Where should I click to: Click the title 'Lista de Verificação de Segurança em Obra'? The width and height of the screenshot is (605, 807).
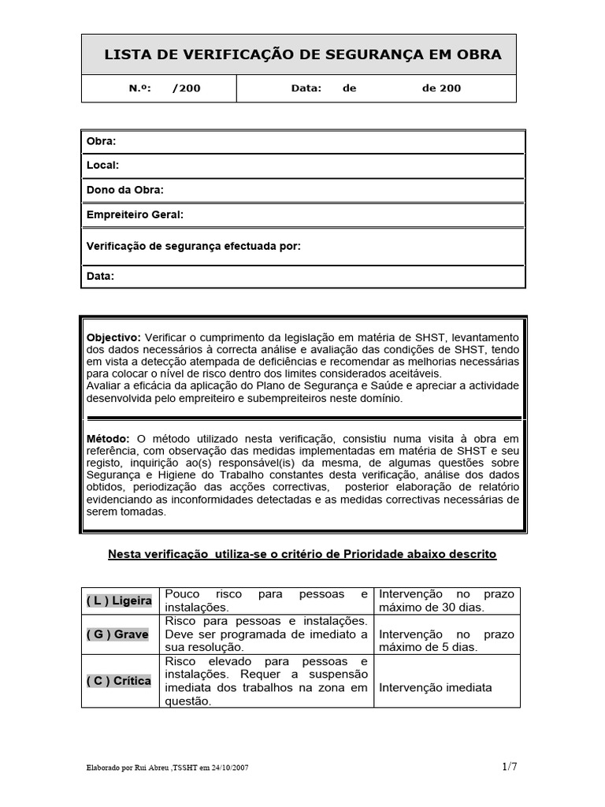click(302, 54)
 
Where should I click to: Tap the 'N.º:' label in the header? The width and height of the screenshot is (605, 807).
click(139, 88)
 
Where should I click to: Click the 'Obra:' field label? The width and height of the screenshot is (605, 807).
click(101, 141)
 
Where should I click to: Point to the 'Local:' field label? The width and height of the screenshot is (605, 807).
click(102, 165)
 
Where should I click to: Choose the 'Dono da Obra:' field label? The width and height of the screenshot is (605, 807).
click(124, 190)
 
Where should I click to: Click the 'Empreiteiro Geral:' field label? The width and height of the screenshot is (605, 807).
click(134, 214)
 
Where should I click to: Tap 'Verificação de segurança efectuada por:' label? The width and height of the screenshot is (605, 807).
click(193, 246)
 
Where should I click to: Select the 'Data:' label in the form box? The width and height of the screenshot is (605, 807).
click(100, 276)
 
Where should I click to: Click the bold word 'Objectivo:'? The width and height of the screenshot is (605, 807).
click(113, 337)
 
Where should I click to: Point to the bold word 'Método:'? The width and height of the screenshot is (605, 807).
click(109, 437)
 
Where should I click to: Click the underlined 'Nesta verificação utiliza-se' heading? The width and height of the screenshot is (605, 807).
click(302, 554)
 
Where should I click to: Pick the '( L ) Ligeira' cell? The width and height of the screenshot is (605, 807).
click(119, 601)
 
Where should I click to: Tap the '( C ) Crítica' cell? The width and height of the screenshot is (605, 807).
click(118, 681)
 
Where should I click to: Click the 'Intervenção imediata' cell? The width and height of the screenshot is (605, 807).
click(436, 687)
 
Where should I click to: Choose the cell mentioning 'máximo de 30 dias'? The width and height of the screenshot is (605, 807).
click(446, 601)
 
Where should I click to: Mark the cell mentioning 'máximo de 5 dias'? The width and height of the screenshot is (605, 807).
click(446, 641)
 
